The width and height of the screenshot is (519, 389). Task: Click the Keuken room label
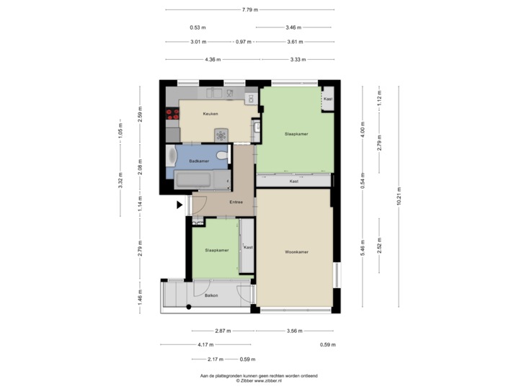point(210,114)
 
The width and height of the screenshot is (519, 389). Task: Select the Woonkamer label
point(296,251)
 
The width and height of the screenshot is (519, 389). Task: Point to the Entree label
point(236,202)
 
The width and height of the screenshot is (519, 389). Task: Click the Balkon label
point(211,295)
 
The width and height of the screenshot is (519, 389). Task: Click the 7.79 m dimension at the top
point(250,9)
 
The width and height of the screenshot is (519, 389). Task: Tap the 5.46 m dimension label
point(363,247)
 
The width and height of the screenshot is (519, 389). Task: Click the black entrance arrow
point(179,205)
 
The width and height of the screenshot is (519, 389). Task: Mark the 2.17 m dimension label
point(214,359)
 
